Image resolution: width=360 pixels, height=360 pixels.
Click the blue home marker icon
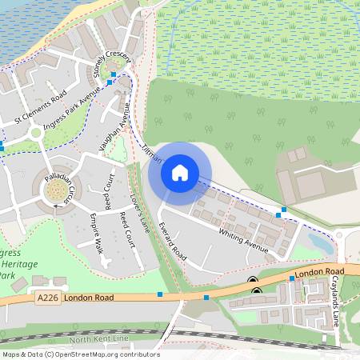[180, 172]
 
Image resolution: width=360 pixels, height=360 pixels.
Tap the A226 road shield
[47, 298]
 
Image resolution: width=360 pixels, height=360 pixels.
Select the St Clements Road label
[40, 110]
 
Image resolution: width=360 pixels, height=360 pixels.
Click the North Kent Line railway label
[98, 339]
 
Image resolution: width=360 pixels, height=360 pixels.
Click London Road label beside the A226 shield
[85, 298]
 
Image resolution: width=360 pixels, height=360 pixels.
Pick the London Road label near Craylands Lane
[318, 274]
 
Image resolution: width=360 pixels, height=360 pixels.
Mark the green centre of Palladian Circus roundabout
[56, 190]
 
